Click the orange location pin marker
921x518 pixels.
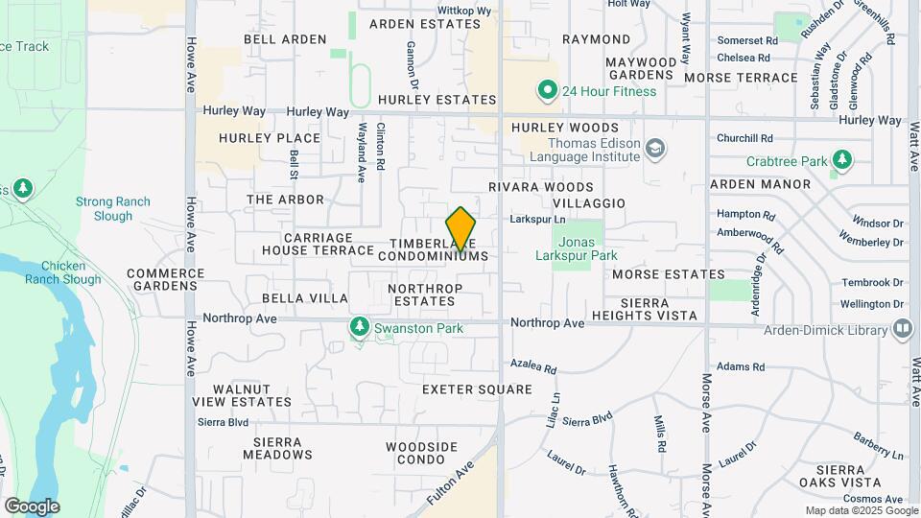[x=461, y=228]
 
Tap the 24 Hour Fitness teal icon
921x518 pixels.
[x=548, y=91]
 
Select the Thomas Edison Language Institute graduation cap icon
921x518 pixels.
[x=655, y=149]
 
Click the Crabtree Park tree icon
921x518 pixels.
[x=842, y=159]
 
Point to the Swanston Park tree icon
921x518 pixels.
[x=360, y=328]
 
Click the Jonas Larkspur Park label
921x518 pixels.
[x=575, y=247]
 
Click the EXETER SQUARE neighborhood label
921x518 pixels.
[x=477, y=389]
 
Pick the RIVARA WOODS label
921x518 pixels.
[x=541, y=187]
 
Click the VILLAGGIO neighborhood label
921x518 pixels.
[x=590, y=203]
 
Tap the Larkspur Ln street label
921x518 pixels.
[x=537, y=220]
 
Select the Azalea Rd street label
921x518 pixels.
[x=533, y=367]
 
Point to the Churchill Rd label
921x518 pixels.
[x=744, y=138]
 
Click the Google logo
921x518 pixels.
[x=32, y=506]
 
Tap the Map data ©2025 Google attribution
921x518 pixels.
[x=861, y=510]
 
